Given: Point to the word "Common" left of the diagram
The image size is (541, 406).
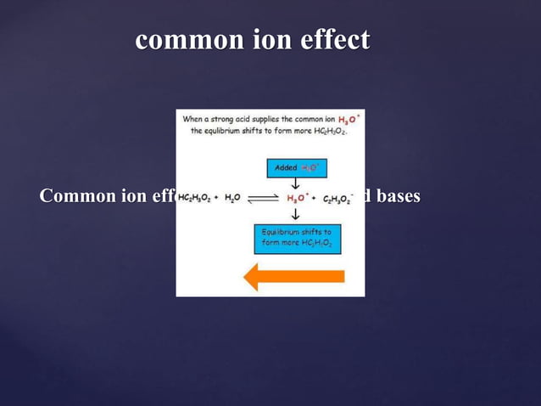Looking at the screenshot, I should coord(80,196).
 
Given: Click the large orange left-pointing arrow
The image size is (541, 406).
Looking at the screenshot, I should coord(293,276).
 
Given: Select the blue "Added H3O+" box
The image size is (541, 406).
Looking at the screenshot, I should coord(295,168).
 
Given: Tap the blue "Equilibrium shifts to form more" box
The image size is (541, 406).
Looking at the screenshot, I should coord(297,238).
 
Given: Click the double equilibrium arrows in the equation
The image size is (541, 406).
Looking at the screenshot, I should coord(264,197).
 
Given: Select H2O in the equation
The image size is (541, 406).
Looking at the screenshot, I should coord(232,197).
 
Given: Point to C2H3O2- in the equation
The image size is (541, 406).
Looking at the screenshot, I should coord(337,197).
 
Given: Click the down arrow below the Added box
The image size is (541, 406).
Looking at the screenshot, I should coord(295,183).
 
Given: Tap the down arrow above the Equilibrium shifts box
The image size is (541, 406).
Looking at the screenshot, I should coord(295,215).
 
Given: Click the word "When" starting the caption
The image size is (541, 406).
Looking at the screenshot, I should coord(193,120).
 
